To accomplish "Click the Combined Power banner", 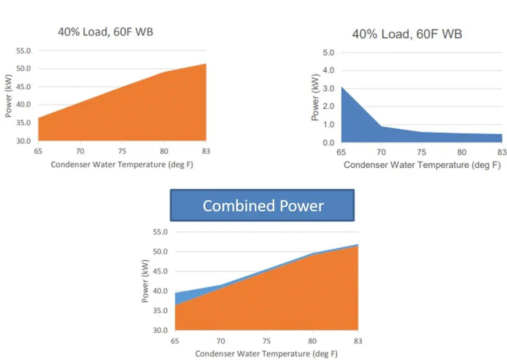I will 262,205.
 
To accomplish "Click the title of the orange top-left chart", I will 105,32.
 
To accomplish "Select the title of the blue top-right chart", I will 407,34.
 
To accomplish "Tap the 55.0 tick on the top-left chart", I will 23,51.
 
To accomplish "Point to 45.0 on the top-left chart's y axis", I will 23,87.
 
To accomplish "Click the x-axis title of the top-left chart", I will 122,164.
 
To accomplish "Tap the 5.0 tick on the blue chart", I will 329,53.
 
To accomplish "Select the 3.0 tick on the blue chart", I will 329,89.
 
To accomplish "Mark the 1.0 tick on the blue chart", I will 329,125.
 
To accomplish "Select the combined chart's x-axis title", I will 266,354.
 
